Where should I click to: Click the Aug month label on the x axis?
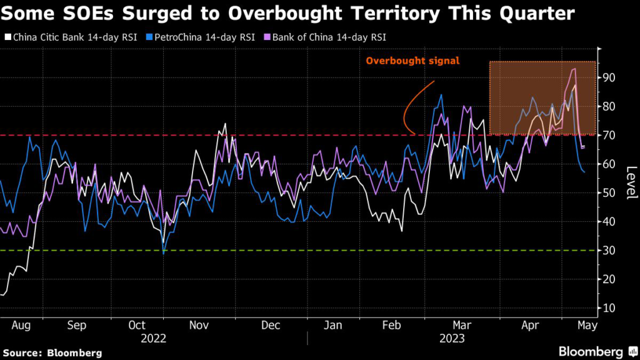[22, 326]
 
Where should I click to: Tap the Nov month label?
[199, 326]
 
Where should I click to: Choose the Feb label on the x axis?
[391, 326]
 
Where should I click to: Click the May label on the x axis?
[587, 326]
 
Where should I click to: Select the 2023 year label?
[452, 338]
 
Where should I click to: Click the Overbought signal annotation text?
[412, 61]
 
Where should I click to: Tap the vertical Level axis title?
[631, 183]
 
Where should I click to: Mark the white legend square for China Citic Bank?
[7, 37]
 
